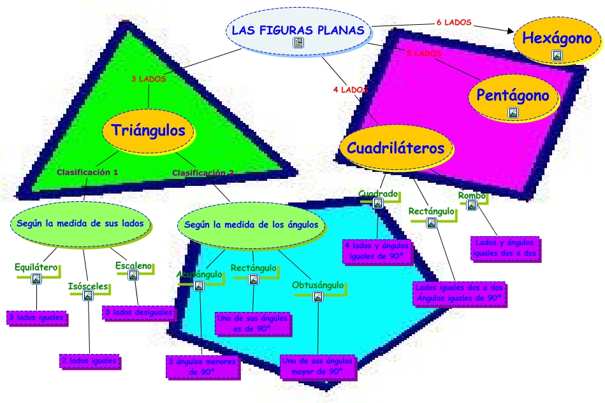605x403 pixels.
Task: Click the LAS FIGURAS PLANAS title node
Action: pos(298,31)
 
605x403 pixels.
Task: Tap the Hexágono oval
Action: pos(557,39)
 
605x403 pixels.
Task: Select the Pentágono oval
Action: pos(513,96)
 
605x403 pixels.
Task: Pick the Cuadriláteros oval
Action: pos(395,148)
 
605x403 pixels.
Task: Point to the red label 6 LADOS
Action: pos(454,22)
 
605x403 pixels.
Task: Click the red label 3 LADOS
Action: pos(149,80)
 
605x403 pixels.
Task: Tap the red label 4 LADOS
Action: pos(351,90)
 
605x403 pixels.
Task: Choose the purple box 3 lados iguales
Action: pos(36,316)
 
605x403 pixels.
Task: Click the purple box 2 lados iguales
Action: pos(89,361)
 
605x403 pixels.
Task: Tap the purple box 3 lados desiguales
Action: pos(138,313)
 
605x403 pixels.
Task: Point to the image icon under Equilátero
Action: pos(36,279)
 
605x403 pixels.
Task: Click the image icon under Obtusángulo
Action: pos(317,296)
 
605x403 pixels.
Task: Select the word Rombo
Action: pos(472,195)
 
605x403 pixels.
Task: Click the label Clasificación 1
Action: pos(87,172)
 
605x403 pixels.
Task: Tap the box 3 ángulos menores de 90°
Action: pos(202,367)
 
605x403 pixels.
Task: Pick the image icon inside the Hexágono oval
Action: pos(557,55)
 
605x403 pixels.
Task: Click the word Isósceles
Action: pos(88,286)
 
